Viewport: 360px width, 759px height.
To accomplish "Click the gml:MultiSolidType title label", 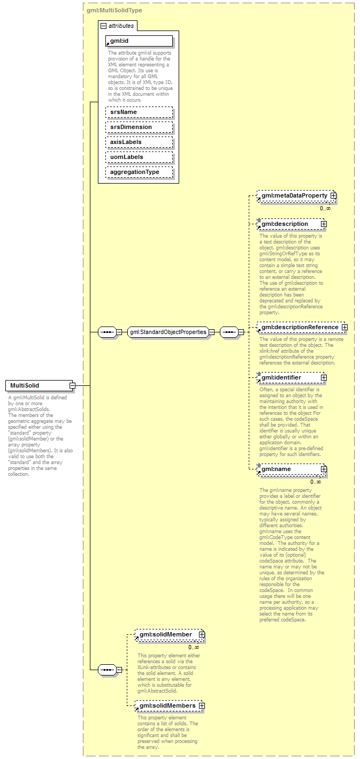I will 114,10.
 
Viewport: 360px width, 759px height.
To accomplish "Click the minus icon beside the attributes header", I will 103,26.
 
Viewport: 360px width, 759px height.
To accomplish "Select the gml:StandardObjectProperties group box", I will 167,332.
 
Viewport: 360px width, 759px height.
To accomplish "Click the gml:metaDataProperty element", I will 294,196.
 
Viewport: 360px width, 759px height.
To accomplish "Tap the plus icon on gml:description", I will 324,224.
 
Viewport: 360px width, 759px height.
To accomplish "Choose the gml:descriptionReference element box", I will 299,327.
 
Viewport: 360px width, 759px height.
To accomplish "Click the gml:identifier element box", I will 289,377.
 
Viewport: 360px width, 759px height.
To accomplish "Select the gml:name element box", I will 289,469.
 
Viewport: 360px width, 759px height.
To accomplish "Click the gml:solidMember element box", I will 166,635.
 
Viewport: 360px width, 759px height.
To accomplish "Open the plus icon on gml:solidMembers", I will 202,705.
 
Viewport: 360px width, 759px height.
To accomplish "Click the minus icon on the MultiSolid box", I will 72,385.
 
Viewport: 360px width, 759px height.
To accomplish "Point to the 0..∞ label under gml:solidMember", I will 193,647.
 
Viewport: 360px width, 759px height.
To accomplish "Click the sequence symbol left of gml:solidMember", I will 108,669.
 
